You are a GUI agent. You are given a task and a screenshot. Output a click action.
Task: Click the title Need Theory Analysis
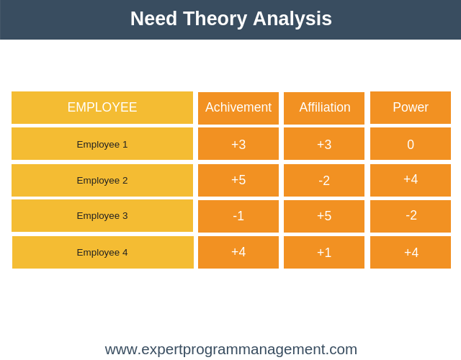point(231,19)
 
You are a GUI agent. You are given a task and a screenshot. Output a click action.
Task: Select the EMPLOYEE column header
point(102,107)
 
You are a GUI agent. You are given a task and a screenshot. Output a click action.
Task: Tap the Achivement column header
point(238,107)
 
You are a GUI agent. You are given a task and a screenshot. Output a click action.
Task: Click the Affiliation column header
point(325,107)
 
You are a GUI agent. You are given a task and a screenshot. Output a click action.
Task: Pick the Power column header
point(411,107)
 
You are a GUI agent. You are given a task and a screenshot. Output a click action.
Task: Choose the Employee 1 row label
point(102,144)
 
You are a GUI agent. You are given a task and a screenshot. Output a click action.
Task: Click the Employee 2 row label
point(102,180)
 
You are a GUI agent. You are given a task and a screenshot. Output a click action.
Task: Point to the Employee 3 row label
point(102,216)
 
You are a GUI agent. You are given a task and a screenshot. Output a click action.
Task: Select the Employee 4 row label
point(102,253)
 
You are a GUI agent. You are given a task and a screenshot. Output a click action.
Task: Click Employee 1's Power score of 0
point(411,144)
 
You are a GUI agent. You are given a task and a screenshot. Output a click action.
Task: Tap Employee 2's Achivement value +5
point(238,180)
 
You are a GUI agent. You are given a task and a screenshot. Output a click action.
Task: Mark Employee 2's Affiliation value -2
point(324,181)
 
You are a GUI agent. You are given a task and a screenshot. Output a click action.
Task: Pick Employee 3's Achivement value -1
point(238,216)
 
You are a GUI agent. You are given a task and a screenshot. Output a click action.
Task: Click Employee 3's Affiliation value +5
point(324,216)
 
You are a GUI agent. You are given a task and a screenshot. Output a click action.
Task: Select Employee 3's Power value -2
point(411,215)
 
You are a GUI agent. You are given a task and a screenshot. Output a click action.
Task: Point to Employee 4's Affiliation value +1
point(324,253)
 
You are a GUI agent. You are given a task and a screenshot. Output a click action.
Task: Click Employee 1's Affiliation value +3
point(324,144)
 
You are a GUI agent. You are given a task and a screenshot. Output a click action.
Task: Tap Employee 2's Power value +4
point(411,179)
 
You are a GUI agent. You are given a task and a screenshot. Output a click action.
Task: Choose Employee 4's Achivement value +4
point(238,252)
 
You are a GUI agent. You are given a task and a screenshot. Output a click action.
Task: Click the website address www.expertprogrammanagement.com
point(231,350)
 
